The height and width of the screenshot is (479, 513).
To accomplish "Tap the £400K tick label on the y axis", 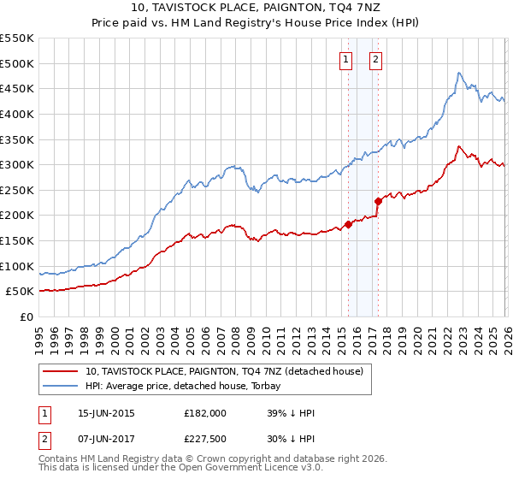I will point(17,114).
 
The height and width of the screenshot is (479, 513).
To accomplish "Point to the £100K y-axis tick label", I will point(17,266).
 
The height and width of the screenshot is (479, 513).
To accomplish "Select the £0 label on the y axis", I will point(27,316).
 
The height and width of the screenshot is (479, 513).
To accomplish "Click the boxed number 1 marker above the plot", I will point(346,59).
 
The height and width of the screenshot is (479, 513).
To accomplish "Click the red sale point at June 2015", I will point(348,224).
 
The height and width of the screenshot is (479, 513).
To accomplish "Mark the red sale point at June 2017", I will point(378,201).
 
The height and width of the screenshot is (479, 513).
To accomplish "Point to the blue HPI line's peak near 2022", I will point(459,73).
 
